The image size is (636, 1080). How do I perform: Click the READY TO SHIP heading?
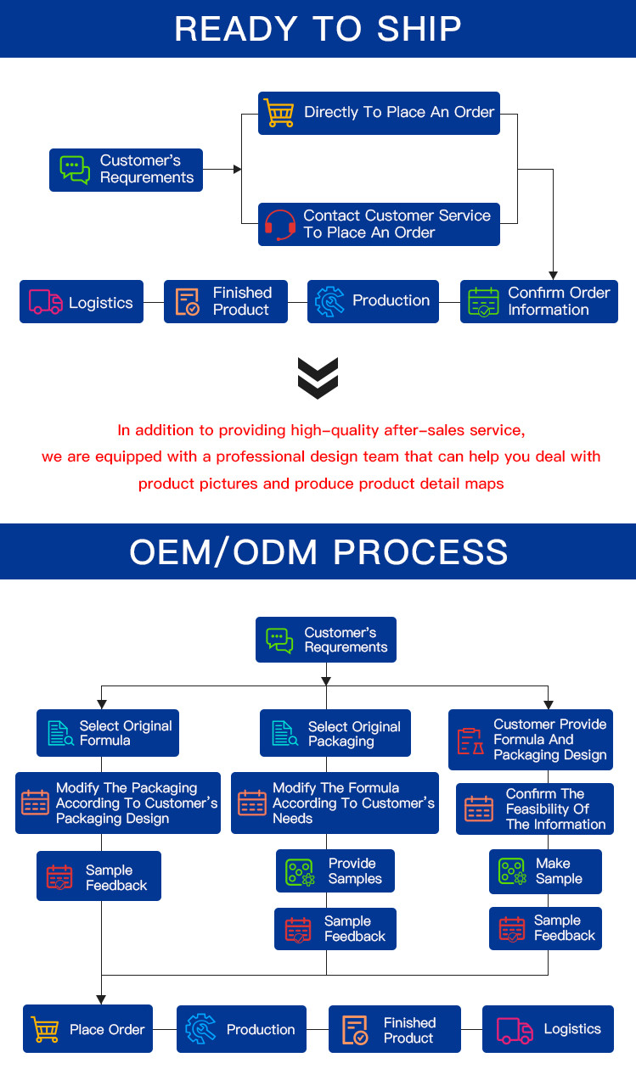318,28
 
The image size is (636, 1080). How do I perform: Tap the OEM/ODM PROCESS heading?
318,552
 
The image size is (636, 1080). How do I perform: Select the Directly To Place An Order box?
379,113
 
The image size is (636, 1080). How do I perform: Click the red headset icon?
279,225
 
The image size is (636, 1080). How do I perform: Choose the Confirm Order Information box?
539,301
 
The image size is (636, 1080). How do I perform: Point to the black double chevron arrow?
318,378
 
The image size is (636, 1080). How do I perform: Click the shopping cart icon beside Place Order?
45,1029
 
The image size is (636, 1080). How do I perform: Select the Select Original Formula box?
108,733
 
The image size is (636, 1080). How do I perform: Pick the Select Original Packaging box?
335,734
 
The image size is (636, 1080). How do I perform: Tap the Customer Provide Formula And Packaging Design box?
531,740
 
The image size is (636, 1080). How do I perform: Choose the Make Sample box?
545,871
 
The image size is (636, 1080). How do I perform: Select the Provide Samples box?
336,871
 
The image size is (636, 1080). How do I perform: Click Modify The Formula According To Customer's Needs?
335,803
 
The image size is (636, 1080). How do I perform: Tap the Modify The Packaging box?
118,803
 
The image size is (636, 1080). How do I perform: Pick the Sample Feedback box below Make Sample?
545,928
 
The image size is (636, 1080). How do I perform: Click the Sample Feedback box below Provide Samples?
335,929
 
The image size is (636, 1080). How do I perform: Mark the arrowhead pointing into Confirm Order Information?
554,274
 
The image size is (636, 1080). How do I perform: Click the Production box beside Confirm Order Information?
373,301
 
